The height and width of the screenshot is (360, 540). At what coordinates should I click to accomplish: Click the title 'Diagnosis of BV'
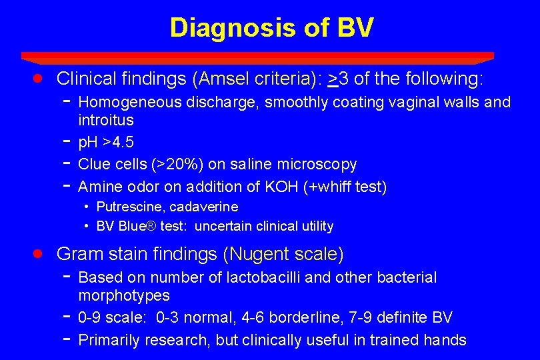point(271,28)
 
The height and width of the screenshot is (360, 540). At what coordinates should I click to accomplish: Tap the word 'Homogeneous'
point(129,102)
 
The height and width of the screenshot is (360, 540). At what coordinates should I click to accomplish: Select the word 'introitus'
point(106,120)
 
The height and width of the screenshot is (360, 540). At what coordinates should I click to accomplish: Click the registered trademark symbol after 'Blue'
point(151,226)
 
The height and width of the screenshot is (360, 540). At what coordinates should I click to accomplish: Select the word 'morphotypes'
point(124,295)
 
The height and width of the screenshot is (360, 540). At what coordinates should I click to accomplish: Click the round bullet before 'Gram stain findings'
point(39,253)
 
